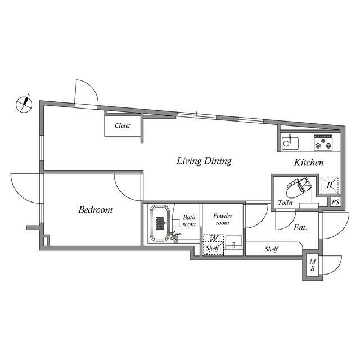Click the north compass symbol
tap(24, 104)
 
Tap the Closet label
tap(123, 125)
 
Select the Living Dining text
tap(204, 161)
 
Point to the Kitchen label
tap(309, 163)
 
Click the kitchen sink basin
tap(290, 143)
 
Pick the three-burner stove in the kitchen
tap(323, 142)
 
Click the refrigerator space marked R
tap(330, 185)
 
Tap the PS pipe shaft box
tap(335, 202)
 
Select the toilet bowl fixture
tap(299, 187)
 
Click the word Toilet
tap(285, 202)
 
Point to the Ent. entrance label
tap(300, 227)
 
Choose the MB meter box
tap(313, 265)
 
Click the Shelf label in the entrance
tap(271, 249)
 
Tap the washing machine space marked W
tap(213, 238)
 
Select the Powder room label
tap(223, 219)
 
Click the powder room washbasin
tap(234, 243)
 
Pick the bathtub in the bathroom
tap(160, 223)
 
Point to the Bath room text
tap(189, 220)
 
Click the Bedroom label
tap(95, 210)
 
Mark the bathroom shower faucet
tap(175, 236)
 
